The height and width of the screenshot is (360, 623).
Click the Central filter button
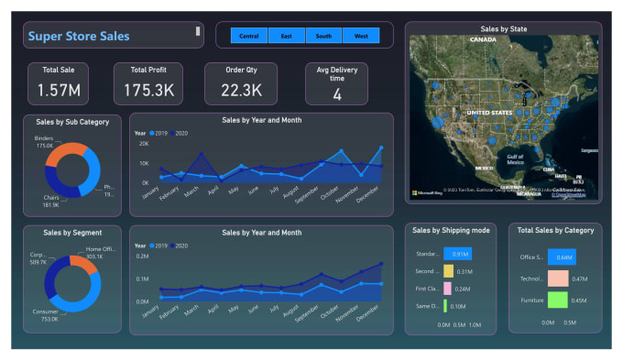(x=248, y=36)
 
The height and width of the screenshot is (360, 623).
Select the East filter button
(x=287, y=36)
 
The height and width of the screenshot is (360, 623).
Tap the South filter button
(x=323, y=36)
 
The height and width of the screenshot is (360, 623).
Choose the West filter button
(x=361, y=36)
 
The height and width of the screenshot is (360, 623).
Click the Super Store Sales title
(x=79, y=37)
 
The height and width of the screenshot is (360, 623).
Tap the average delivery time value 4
(x=337, y=94)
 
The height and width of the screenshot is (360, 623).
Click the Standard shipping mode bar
(x=457, y=254)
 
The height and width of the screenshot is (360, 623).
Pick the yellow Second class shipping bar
(x=448, y=271)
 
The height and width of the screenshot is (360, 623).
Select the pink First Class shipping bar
(x=447, y=288)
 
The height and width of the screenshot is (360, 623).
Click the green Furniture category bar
(x=558, y=300)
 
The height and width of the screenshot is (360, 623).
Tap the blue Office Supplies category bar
(x=562, y=257)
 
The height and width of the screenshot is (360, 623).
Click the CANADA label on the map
(x=483, y=39)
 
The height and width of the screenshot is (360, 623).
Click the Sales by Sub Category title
(x=72, y=122)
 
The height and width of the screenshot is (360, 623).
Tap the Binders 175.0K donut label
(x=45, y=142)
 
